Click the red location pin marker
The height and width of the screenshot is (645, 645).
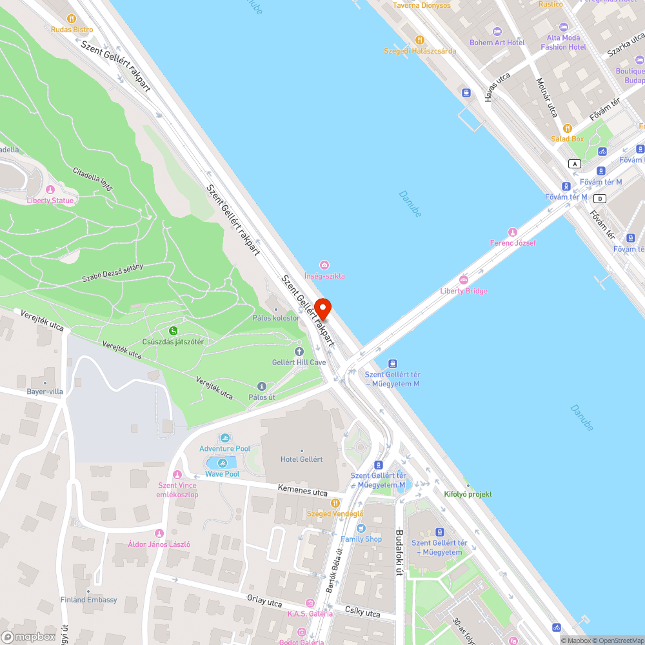click(x=322, y=309)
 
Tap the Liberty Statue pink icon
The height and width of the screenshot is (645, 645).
click(x=50, y=190)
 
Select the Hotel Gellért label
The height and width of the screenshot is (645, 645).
click(x=301, y=459)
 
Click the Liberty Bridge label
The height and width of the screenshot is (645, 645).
click(x=464, y=291)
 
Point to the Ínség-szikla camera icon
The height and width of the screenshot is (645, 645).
click(x=324, y=265)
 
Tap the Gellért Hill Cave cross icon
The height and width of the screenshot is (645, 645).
click(x=299, y=352)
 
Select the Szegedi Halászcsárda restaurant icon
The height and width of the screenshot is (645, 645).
click(x=420, y=40)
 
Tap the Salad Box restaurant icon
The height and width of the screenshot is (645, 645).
click(x=568, y=128)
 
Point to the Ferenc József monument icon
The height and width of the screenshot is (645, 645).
click(x=513, y=232)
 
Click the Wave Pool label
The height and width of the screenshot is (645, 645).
click(x=223, y=474)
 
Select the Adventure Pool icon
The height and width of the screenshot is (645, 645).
click(x=225, y=438)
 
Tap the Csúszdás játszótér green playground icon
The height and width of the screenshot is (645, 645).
click(x=173, y=331)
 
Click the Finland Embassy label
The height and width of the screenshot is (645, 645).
click(x=89, y=600)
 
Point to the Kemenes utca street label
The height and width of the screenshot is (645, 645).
click(x=303, y=492)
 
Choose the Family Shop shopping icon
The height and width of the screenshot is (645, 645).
click(x=361, y=528)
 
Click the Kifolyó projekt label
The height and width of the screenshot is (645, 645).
click(x=468, y=494)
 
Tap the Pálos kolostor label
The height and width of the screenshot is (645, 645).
click(x=276, y=318)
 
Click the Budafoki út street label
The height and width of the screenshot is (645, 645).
click(x=399, y=553)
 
